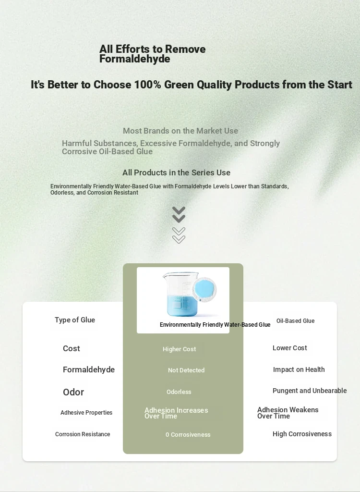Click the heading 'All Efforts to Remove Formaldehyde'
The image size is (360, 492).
click(153, 54)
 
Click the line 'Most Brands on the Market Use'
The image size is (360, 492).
click(180, 131)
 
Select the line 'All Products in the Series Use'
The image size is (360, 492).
click(176, 172)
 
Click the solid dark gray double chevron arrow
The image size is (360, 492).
click(179, 215)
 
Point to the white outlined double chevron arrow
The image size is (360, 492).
click(179, 235)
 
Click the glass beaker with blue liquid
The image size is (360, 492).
click(181, 294)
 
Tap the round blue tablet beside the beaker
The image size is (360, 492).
click(204, 290)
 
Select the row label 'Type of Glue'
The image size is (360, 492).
click(75, 320)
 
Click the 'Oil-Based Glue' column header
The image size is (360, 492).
click(295, 320)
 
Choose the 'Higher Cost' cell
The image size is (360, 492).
click(180, 349)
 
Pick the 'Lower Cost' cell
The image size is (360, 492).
click(290, 348)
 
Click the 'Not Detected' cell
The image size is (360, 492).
click(186, 370)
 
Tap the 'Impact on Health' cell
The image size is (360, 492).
click(299, 369)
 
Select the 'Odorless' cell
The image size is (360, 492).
click(179, 392)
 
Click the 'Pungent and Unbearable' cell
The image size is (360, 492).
click(310, 391)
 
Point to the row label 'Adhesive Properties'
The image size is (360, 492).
click(86, 413)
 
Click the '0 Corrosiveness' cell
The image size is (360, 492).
click(188, 434)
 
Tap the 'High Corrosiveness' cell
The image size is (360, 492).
click(302, 434)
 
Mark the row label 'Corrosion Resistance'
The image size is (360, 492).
click(83, 434)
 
